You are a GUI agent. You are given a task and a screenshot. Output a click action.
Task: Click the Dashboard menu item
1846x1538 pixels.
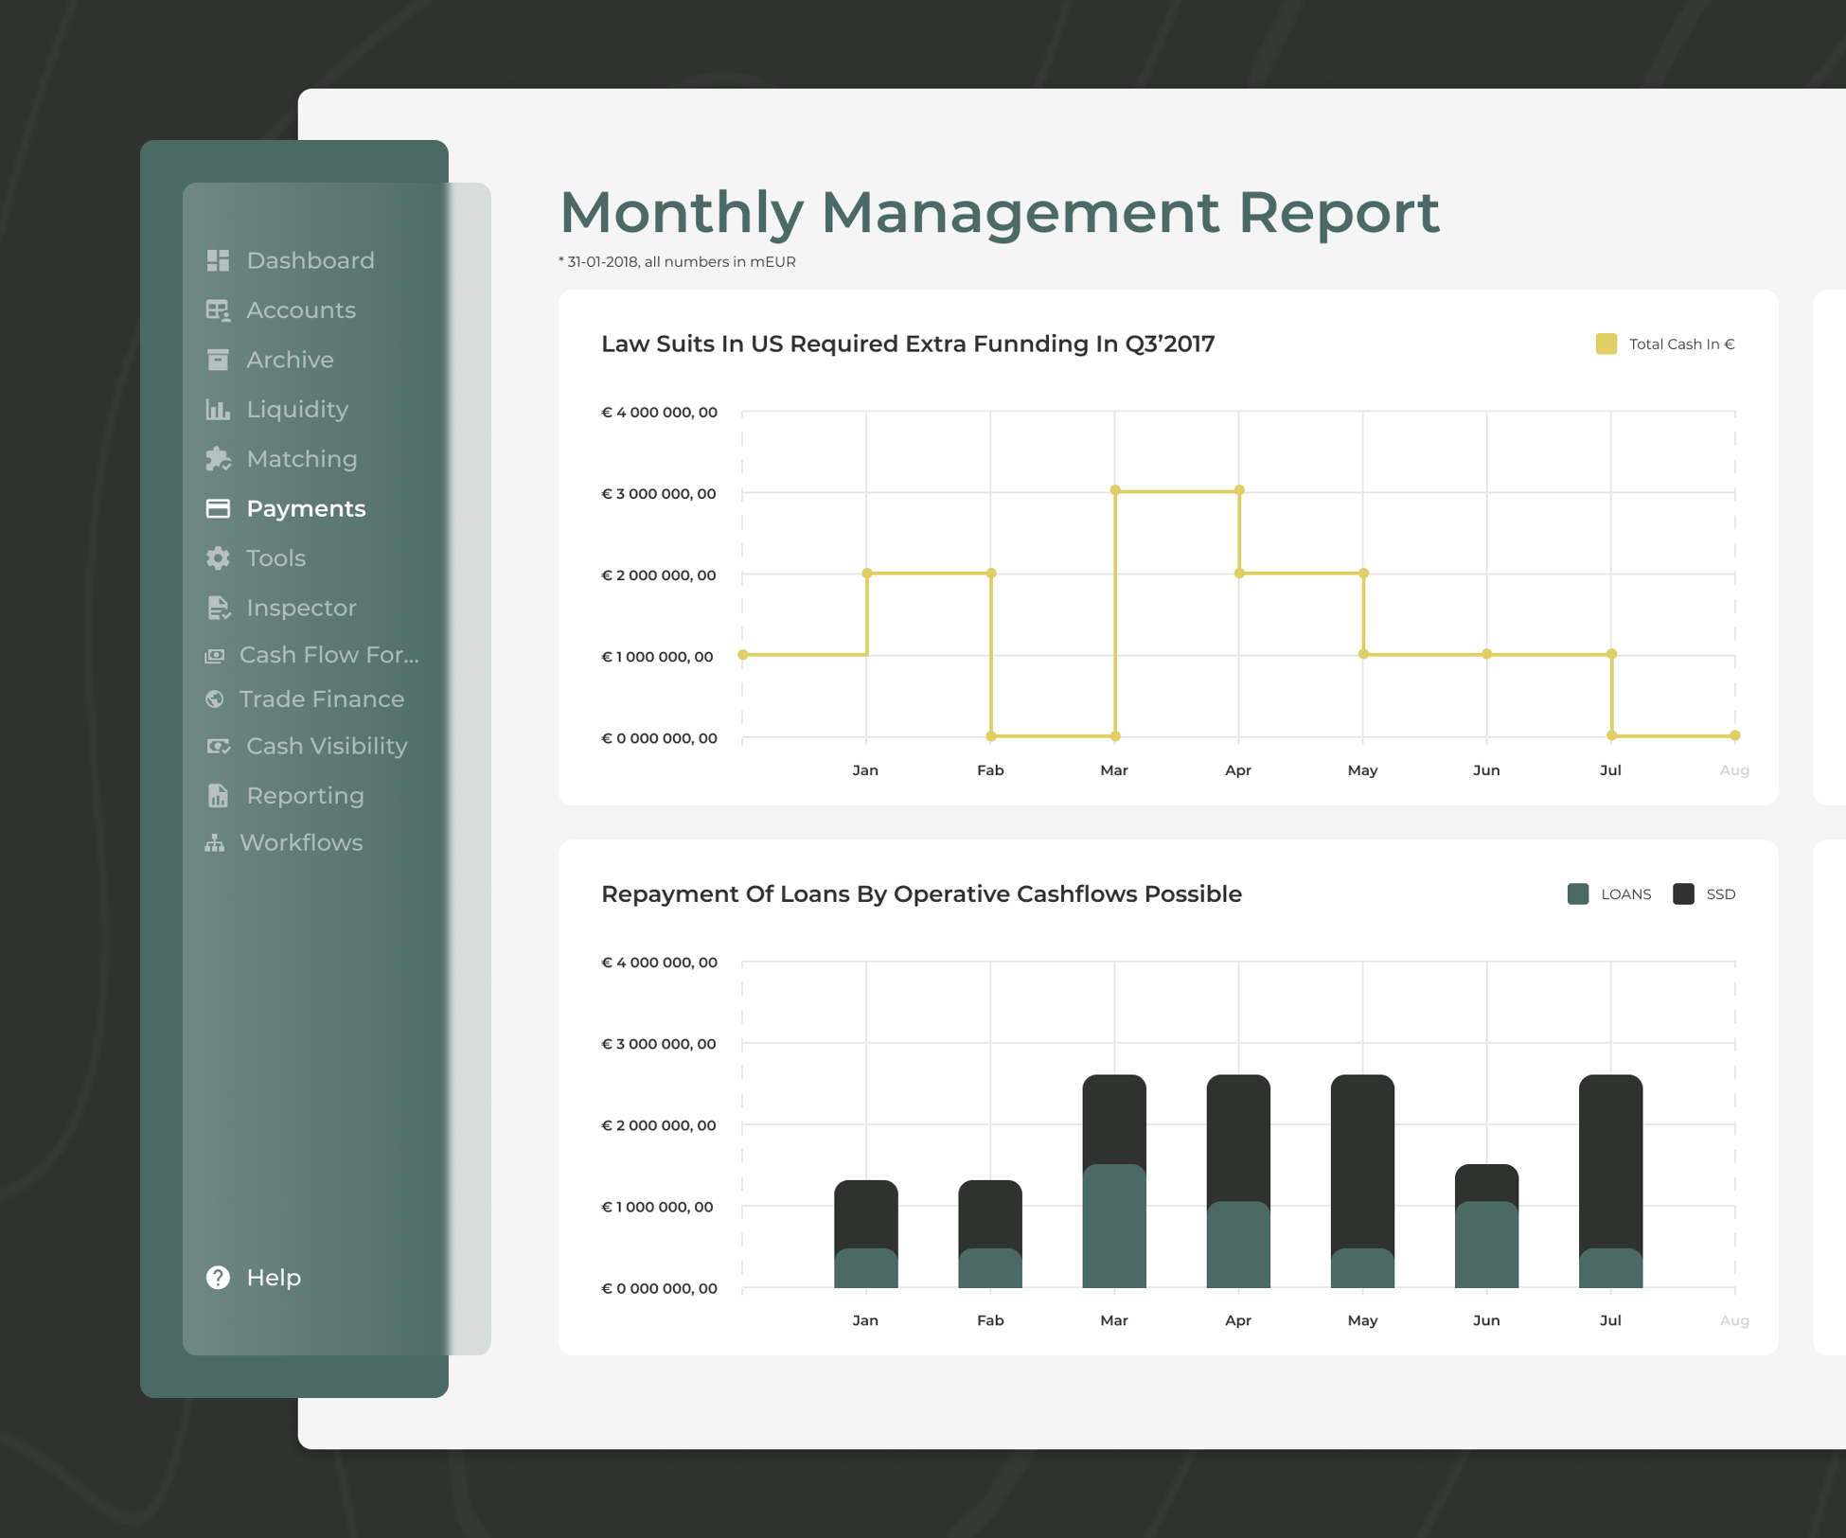click(309, 260)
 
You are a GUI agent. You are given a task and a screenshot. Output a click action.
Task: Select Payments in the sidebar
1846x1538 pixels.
click(305, 508)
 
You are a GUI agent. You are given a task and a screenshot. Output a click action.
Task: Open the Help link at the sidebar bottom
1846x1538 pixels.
click(273, 1277)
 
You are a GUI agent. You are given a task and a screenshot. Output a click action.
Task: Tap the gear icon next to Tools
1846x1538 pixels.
click(218, 558)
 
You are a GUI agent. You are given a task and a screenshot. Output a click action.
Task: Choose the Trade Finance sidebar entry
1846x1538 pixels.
click(321, 699)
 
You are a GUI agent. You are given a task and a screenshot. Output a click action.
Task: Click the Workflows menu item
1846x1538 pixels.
click(300, 842)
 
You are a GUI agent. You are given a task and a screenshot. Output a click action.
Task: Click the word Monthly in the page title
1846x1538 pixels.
click(682, 212)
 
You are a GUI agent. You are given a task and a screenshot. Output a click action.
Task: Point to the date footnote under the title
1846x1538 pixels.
click(677, 262)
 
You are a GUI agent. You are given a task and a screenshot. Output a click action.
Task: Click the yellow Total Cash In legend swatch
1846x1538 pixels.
click(1606, 344)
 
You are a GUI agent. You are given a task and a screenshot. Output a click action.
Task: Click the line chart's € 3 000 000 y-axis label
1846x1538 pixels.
click(659, 493)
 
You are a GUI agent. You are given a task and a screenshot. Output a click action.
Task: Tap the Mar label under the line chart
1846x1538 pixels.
click(1113, 770)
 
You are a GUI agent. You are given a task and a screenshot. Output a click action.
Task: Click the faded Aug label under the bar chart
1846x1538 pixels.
click(1733, 1320)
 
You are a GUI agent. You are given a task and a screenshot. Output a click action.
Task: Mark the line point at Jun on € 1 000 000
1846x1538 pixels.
click(1486, 654)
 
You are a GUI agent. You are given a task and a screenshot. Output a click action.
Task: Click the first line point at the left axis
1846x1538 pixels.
click(743, 655)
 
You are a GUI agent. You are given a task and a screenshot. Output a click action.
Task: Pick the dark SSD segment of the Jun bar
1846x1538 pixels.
click(1486, 1182)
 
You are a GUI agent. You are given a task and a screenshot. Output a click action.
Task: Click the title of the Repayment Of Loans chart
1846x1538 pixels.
click(920, 894)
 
